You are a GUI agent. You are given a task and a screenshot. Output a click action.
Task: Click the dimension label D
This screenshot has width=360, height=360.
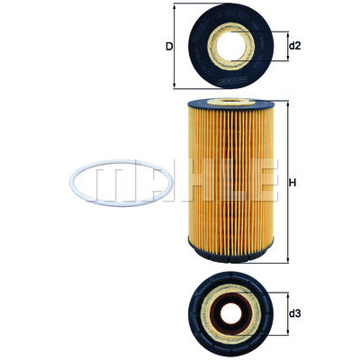(x=169, y=47)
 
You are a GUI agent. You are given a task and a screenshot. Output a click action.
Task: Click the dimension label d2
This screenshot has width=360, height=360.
(x=294, y=46)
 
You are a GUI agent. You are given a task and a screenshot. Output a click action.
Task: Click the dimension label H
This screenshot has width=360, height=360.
(x=292, y=183)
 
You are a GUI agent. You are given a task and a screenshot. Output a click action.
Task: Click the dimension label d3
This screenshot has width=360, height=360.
(x=294, y=314)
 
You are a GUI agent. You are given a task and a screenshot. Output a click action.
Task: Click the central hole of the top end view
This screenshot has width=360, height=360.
(x=230, y=46)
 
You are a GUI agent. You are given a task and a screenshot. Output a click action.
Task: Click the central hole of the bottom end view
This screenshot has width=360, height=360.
(x=230, y=313)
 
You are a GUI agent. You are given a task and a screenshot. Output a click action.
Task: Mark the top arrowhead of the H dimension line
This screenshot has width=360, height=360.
(x=288, y=104)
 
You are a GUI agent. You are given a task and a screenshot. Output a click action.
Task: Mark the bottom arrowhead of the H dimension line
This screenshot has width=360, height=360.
(x=288, y=260)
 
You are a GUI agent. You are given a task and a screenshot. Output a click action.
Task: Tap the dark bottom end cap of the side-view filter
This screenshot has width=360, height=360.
(x=230, y=254)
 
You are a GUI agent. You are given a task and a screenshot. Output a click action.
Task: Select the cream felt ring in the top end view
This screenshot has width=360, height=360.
(x=211, y=47)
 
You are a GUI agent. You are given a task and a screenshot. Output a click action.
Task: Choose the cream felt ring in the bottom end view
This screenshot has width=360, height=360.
(x=205, y=313)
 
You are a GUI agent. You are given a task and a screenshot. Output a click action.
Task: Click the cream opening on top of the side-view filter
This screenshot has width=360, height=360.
(x=230, y=103)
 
